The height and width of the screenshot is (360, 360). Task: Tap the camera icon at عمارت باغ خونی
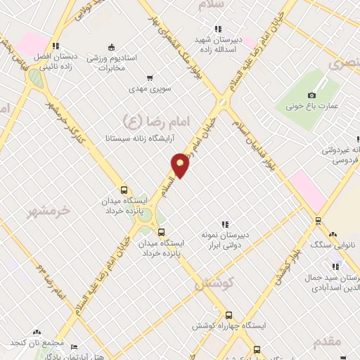312,95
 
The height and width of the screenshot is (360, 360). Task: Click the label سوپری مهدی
149,89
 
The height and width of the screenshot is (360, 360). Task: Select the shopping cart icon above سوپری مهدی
149,78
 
